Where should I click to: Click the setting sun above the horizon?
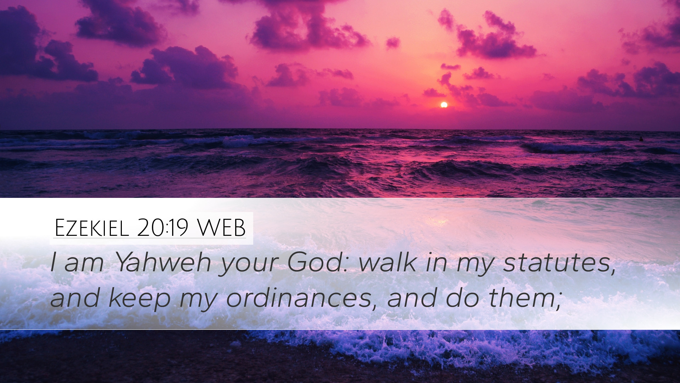tap(444, 105)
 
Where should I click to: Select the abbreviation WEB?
tap(221, 228)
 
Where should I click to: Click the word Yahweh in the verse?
tap(163, 262)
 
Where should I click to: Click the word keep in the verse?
tap(140, 298)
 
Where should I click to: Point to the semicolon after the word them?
tap(559, 302)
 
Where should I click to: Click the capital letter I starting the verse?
tap(53, 262)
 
